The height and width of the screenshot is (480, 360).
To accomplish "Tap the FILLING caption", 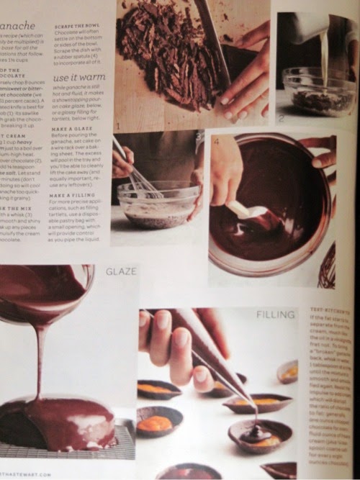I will tap(276, 314).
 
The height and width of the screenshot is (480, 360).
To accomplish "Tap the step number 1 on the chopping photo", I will tap(118, 125).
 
